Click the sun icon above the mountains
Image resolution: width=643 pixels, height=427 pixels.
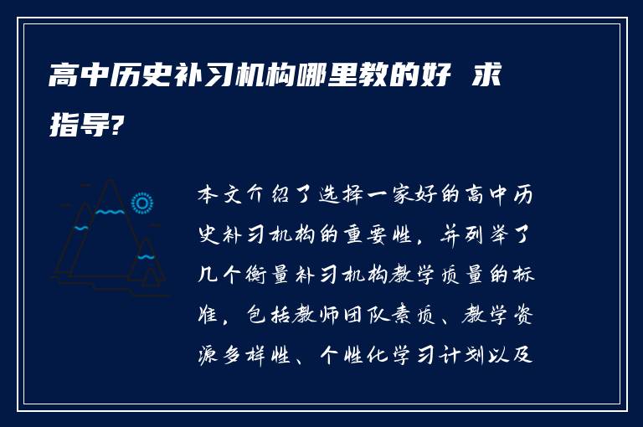click(142, 203)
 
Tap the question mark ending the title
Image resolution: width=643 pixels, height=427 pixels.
click(121, 126)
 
